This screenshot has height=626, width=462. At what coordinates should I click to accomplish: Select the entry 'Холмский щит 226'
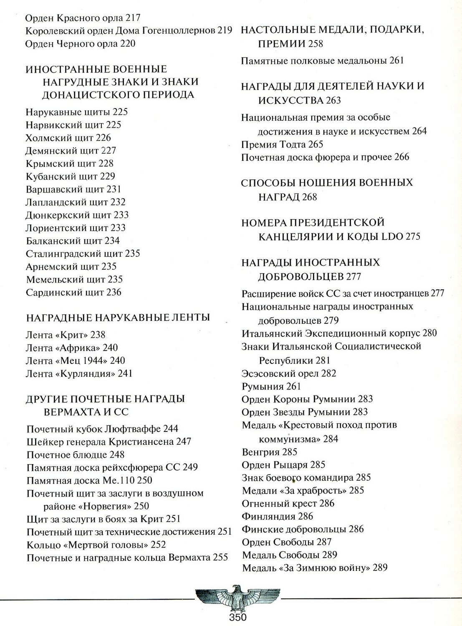(68, 138)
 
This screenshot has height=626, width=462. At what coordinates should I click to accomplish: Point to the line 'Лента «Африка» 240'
(72, 348)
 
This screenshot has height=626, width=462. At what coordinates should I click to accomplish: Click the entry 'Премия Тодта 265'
(282, 144)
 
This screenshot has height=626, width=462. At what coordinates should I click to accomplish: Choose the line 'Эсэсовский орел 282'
(289, 374)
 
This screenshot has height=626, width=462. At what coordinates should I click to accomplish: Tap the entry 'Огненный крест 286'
(288, 503)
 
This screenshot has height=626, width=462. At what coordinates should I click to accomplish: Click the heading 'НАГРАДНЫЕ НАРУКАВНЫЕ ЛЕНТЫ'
(118, 318)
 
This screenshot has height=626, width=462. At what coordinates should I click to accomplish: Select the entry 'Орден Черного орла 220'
(80, 44)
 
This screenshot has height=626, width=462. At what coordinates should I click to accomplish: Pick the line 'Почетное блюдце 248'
(76, 454)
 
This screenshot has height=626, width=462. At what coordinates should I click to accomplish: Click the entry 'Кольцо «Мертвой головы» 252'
(96, 545)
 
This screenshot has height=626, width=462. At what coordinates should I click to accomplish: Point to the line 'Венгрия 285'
(269, 452)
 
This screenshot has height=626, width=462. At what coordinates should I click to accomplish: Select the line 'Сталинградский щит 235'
(83, 254)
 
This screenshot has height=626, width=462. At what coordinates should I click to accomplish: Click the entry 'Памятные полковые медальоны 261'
(322, 61)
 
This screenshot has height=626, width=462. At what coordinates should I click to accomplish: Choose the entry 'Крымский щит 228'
(69, 164)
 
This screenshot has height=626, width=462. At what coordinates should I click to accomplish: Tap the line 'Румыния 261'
(271, 386)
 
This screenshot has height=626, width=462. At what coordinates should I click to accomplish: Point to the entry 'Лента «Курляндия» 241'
(79, 374)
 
